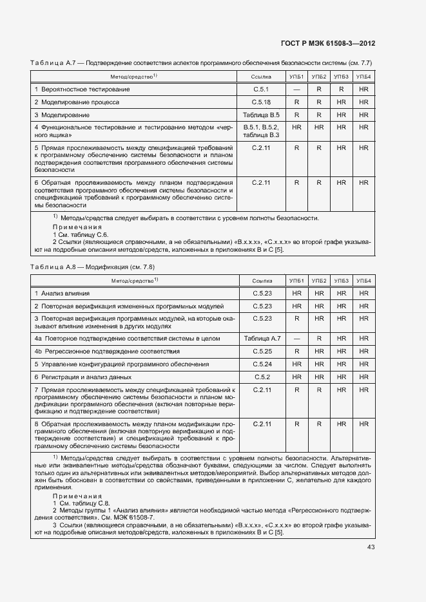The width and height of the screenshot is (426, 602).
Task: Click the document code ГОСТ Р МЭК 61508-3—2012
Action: coord(328,43)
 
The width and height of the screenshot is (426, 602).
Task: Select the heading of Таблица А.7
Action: coord(200,62)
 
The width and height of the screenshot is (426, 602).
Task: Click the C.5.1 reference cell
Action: coord(261,89)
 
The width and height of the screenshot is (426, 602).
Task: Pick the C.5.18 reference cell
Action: coord(261,102)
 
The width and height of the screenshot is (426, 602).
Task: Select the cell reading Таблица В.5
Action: coord(261,115)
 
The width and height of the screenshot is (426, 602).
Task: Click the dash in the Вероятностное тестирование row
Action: coord(296,89)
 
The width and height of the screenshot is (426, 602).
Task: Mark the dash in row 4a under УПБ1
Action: coord(296,338)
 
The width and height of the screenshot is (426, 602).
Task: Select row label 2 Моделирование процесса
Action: coord(76,102)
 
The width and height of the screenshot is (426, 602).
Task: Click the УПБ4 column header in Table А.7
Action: coord(364,77)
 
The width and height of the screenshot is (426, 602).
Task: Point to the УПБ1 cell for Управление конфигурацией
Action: coord(296,364)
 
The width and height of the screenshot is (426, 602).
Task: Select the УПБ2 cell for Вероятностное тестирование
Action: coord(319,89)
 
